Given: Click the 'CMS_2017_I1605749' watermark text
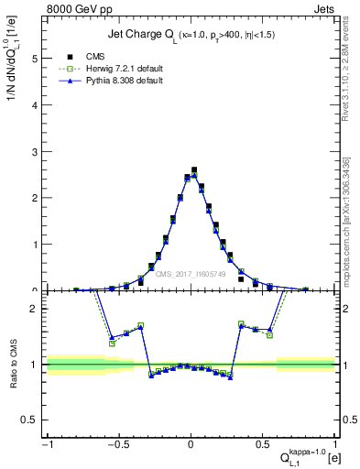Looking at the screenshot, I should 191,274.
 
